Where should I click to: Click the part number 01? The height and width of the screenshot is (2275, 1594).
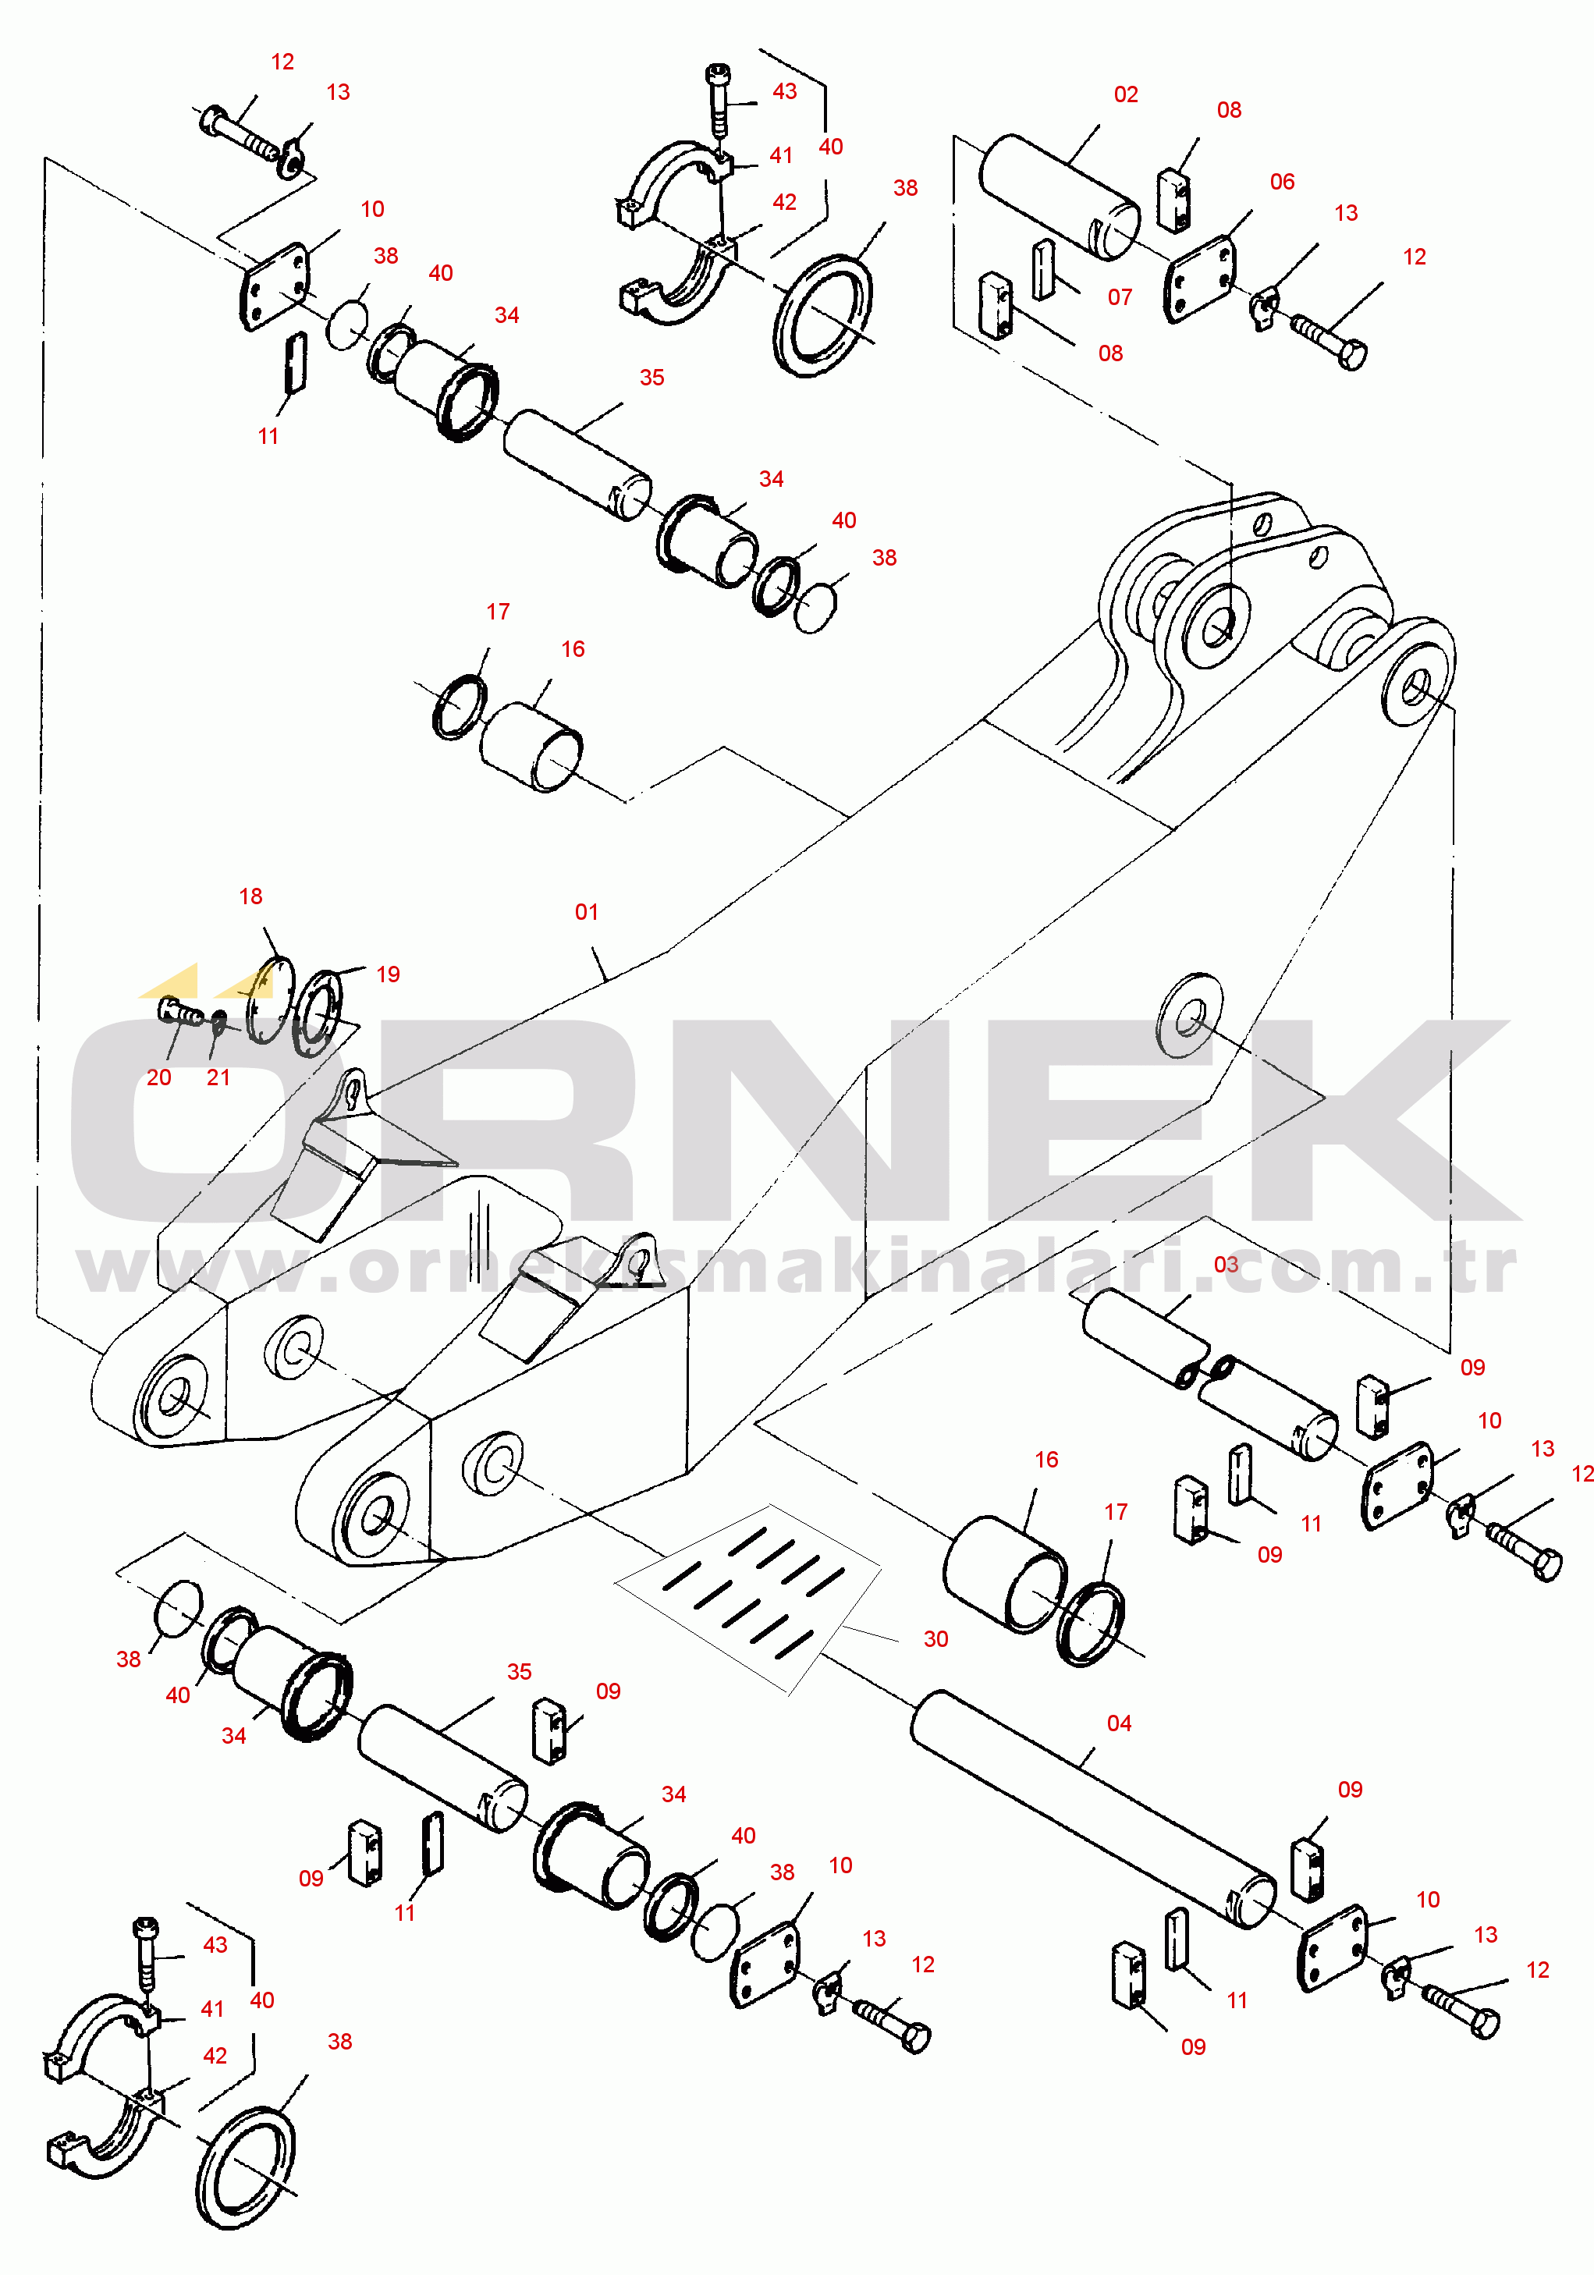[587, 911]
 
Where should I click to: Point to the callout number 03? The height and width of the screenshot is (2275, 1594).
[1226, 1265]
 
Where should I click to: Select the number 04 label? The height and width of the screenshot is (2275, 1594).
[1119, 1723]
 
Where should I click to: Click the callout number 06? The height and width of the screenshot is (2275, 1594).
[1282, 181]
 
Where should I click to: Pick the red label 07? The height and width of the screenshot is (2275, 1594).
[1120, 297]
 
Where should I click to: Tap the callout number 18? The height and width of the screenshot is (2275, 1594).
[250, 896]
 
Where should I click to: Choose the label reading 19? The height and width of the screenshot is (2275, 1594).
[389, 974]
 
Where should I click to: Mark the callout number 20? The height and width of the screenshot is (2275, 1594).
[158, 1077]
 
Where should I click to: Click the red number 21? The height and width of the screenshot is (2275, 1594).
[218, 1077]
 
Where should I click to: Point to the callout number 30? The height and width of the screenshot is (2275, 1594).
[935, 1639]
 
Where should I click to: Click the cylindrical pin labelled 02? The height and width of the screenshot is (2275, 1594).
[1059, 197]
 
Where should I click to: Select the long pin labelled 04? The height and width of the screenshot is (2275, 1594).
[1093, 1809]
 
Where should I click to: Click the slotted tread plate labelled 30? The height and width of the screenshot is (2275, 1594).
[748, 1597]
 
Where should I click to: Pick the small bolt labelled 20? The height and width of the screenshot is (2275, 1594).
[180, 1012]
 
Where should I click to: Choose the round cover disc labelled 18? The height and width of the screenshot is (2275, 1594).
[269, 999]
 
